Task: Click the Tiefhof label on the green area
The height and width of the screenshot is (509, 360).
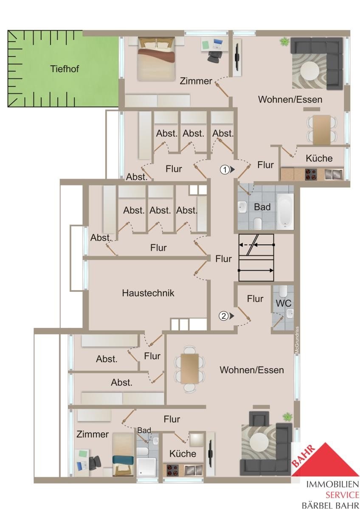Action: (x=65, y=69)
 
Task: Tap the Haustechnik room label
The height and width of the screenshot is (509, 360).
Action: (x=148, y=293)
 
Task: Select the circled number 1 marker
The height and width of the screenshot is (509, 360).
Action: (x=225, y=170)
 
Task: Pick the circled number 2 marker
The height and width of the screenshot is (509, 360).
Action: (x=224, y=316)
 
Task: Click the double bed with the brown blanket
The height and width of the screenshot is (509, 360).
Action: (x=156, y=59)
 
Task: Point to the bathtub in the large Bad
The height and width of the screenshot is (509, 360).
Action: (x=285, y=210)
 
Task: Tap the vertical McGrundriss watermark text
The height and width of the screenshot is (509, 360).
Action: (x=297, y=340)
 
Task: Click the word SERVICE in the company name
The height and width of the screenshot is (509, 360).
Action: (x=342, y=495)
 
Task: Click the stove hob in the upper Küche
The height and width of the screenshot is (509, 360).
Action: (x=311, y=174)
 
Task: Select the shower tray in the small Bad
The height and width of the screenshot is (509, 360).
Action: (x=146, y=466)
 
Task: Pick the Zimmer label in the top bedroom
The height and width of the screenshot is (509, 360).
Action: (x=196, y=81)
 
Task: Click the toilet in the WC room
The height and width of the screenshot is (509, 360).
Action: (x=283, y=291)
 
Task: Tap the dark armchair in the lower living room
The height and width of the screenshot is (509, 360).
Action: (x=259, y=418)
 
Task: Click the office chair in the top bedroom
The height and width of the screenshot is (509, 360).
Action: (x=215, y=56)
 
